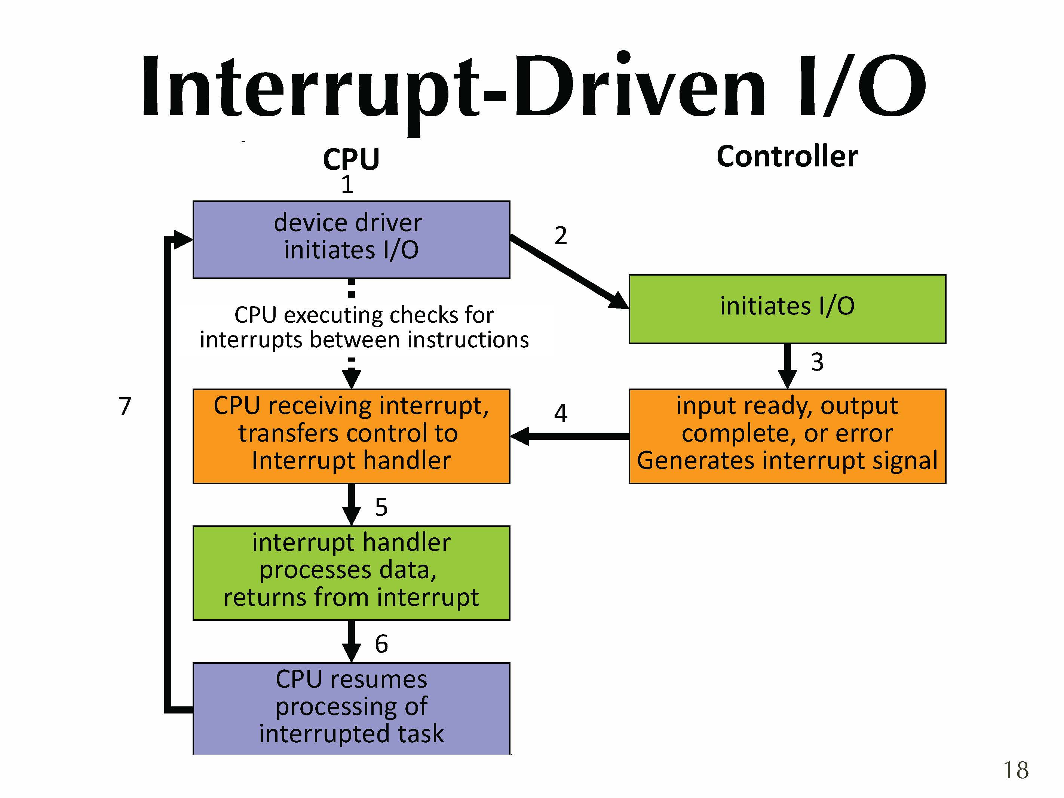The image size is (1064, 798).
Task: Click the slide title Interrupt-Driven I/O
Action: (533, 87)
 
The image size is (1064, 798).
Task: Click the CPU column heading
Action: (351, 159)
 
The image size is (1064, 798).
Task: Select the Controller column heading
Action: (787, 156)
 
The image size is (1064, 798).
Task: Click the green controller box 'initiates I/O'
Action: (787, 309)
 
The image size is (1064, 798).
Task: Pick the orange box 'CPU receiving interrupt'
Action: (351, 435)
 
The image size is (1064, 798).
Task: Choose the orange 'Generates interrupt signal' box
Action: (787, 435)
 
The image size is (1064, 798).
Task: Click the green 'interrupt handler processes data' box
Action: (351, 573)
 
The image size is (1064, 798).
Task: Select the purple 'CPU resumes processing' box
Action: (351, 708)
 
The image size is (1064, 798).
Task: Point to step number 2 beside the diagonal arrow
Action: (560, 236)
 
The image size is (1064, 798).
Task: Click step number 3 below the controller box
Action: (817, 362)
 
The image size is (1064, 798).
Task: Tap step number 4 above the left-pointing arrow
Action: (560, 413)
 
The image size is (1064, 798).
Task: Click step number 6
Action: (381, 644)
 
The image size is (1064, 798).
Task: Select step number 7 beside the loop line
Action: (125, 406)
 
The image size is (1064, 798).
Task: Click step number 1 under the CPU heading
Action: (347, 184)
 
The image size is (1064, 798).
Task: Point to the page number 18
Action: (1015, 770)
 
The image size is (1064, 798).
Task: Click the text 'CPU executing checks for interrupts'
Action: (364, 327)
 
